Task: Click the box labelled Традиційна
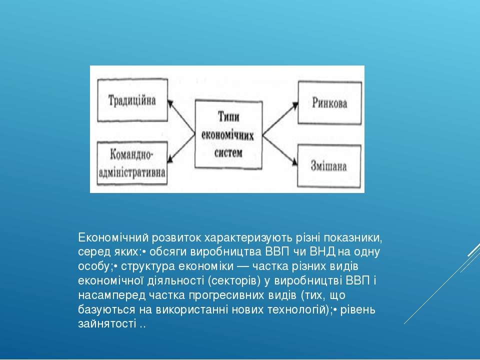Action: [x=132, y=100]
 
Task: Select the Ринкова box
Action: [x=329, y=102]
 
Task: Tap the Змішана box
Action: [x=329, y=165]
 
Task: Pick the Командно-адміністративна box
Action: [x=132, y=163]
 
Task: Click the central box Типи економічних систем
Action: [x=228, y=134]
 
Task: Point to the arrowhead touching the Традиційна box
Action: [x=171, y=103]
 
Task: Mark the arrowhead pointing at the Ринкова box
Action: [x=295, y=105]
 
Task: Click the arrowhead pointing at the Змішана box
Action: [x=294, y=162]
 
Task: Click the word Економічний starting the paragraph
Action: [x=113, y=237]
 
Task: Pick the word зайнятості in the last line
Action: [x=107, y=324]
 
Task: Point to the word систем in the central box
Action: [x=228, y=153]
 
